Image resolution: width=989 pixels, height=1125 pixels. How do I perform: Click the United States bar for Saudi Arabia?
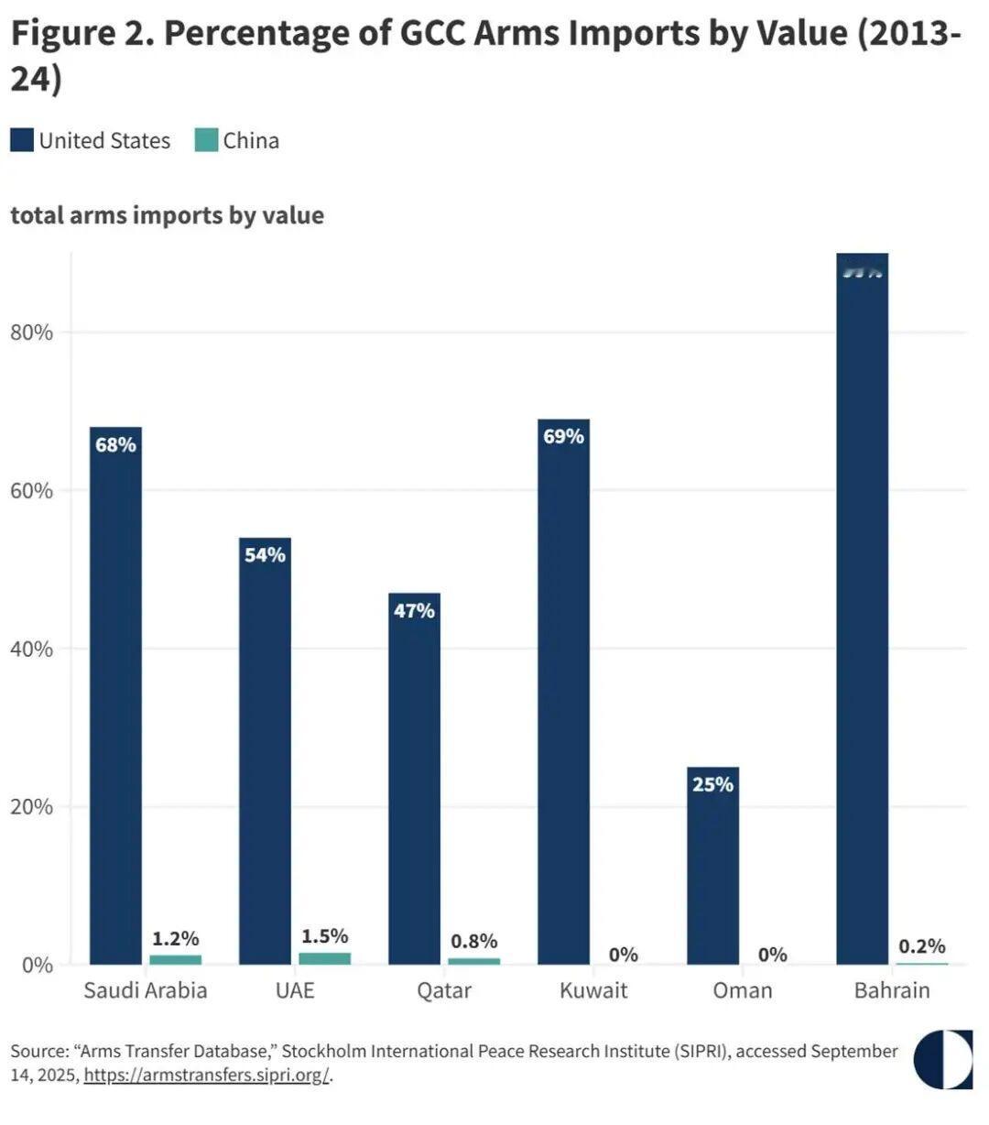[x=115, y=696]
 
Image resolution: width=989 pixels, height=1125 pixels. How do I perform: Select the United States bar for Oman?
[x=712, y=866]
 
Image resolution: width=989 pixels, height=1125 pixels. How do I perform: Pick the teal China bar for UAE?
[x=324, y=958]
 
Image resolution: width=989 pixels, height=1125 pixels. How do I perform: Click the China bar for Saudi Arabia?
[x=175, y=959]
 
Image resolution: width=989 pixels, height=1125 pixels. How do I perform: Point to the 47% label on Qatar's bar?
[x=414, y=610]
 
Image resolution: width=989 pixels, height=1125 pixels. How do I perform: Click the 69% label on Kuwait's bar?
[x=563, y=436]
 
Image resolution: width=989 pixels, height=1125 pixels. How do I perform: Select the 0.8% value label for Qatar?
[x=474, y=941]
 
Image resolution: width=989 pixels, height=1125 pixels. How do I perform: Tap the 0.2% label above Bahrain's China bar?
[x=921, y=946]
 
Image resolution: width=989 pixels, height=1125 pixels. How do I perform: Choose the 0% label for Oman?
[x=772, y=955]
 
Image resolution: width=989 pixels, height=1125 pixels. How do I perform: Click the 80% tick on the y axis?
[x=32, y=332]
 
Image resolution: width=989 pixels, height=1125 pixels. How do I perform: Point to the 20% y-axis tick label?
[x=32, y=807]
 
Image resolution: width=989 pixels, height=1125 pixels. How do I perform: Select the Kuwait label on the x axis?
[x=593, y=990]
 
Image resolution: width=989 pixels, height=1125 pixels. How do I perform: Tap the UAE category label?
[x=295, y=990]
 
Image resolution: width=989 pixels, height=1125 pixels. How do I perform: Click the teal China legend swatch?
[x=206, y=140]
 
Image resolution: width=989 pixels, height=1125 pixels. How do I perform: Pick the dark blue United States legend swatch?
[x=22, y=140]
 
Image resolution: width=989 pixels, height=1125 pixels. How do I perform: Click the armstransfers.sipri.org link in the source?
[x=206, y=1075]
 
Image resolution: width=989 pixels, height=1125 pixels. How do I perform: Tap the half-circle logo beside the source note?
[x=943, y=1059]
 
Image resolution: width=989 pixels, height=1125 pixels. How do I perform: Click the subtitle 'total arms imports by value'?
[x=167, y=215]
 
